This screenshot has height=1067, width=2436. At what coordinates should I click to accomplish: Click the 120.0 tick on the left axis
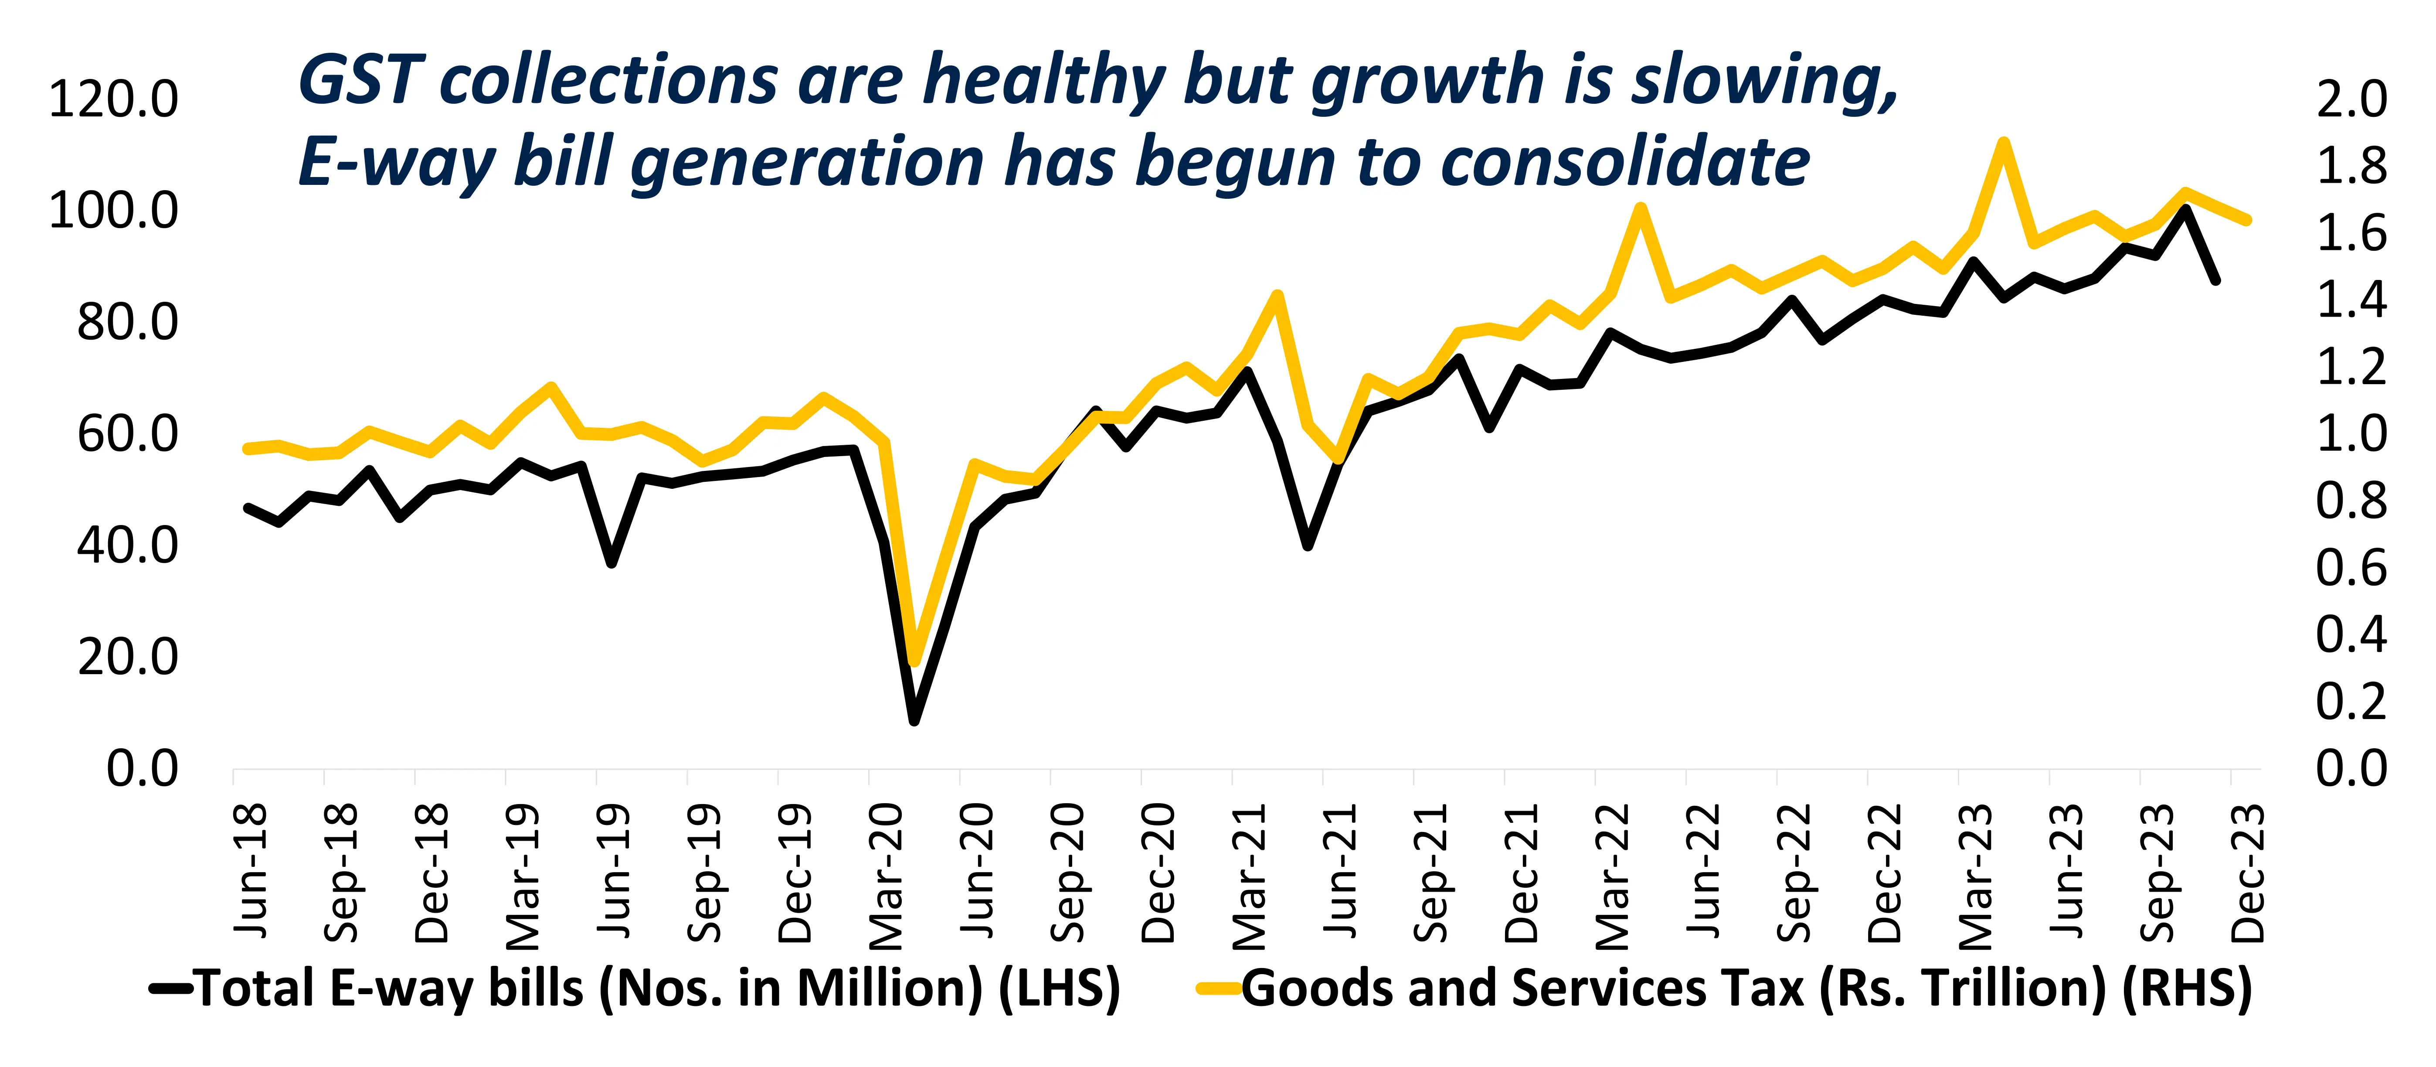113,99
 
